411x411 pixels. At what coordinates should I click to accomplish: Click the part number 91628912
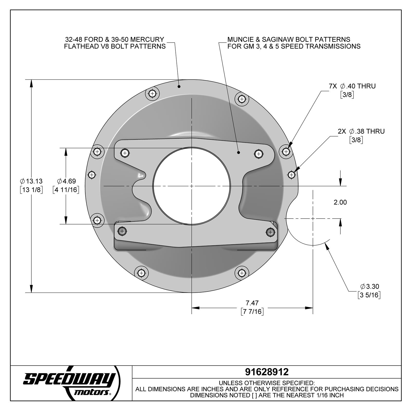click(x=267, y=372)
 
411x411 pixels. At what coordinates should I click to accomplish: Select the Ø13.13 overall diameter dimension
click(x=31, y=181)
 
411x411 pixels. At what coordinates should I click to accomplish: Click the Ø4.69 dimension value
click(x=66, y=181)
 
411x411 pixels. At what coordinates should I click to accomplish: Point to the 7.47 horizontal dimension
click(x=252, y=303)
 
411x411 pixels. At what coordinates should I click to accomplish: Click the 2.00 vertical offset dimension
click(x=340, y=202)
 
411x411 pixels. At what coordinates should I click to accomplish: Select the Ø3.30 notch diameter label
click(x=369, y=286)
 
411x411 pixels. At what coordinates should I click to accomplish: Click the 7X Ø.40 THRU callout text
click(x=352, y=86)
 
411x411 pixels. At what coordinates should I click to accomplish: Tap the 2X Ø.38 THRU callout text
click(x=361, y=131)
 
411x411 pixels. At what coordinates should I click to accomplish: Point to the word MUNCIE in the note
click(x=239, y=40)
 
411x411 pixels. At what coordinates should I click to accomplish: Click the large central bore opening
click(x=192, y=186)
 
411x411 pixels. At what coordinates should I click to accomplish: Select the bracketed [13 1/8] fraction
click(x=31, y=190)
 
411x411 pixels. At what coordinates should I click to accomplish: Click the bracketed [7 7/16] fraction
click(x=252, y=312)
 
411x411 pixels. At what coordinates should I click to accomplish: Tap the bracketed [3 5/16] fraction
click(x=369, y=295)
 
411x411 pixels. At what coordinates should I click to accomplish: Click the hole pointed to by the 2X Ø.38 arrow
click(x=291, y=175)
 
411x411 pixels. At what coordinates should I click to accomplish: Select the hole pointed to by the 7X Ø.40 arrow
click(x=286, y=152)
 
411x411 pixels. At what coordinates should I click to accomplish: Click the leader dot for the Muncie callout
click(x=238, y=152)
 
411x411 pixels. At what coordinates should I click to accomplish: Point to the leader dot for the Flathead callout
click(x=179, y=87)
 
